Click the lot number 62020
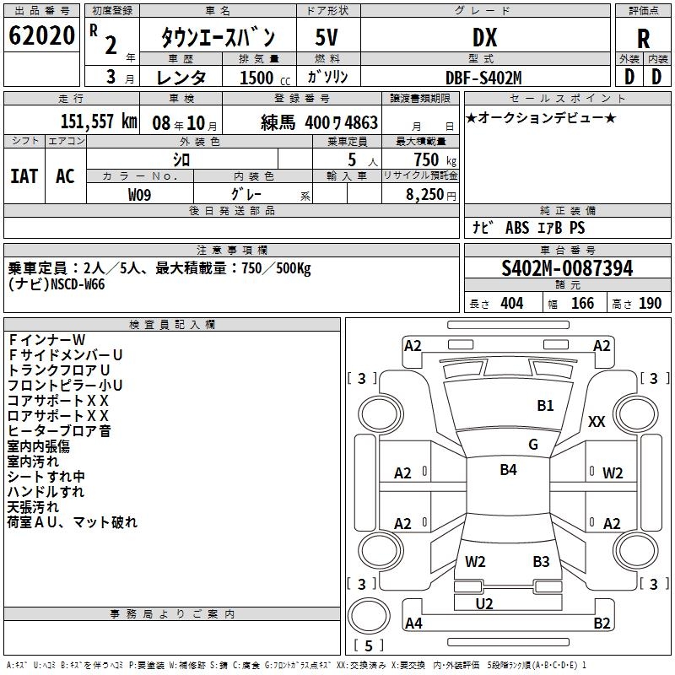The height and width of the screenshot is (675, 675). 41,36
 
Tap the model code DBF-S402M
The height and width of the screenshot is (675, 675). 484,77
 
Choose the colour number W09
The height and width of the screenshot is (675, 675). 140,194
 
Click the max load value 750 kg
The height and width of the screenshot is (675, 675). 431,159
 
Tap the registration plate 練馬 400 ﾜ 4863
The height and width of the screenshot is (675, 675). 319,122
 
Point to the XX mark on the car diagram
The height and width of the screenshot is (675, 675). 597,422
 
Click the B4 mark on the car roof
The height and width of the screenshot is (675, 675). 508,470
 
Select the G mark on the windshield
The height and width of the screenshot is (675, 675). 532,445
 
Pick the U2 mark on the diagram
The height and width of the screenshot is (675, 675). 484,603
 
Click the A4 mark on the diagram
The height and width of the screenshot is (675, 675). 413,624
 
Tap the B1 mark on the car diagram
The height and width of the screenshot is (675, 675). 545,406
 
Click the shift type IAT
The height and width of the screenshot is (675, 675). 24,176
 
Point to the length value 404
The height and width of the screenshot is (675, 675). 511,304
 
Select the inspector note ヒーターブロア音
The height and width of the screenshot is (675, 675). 58,431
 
